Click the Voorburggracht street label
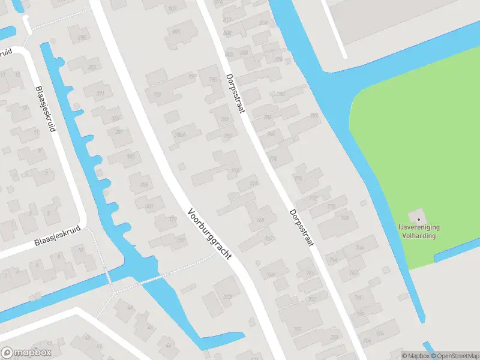(x=210, y=233)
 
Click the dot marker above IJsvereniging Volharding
(x=419, y=219)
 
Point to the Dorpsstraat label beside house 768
(x=301, y=231)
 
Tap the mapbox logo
(x=26, y=353)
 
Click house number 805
(x=176, y=31)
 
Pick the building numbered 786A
(x=178, y=134)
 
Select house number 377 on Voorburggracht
(x=181, y=241)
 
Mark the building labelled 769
(x=260, y=220)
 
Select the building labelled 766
(x=359, y=247)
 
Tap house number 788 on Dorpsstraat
(x=281, y=94)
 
